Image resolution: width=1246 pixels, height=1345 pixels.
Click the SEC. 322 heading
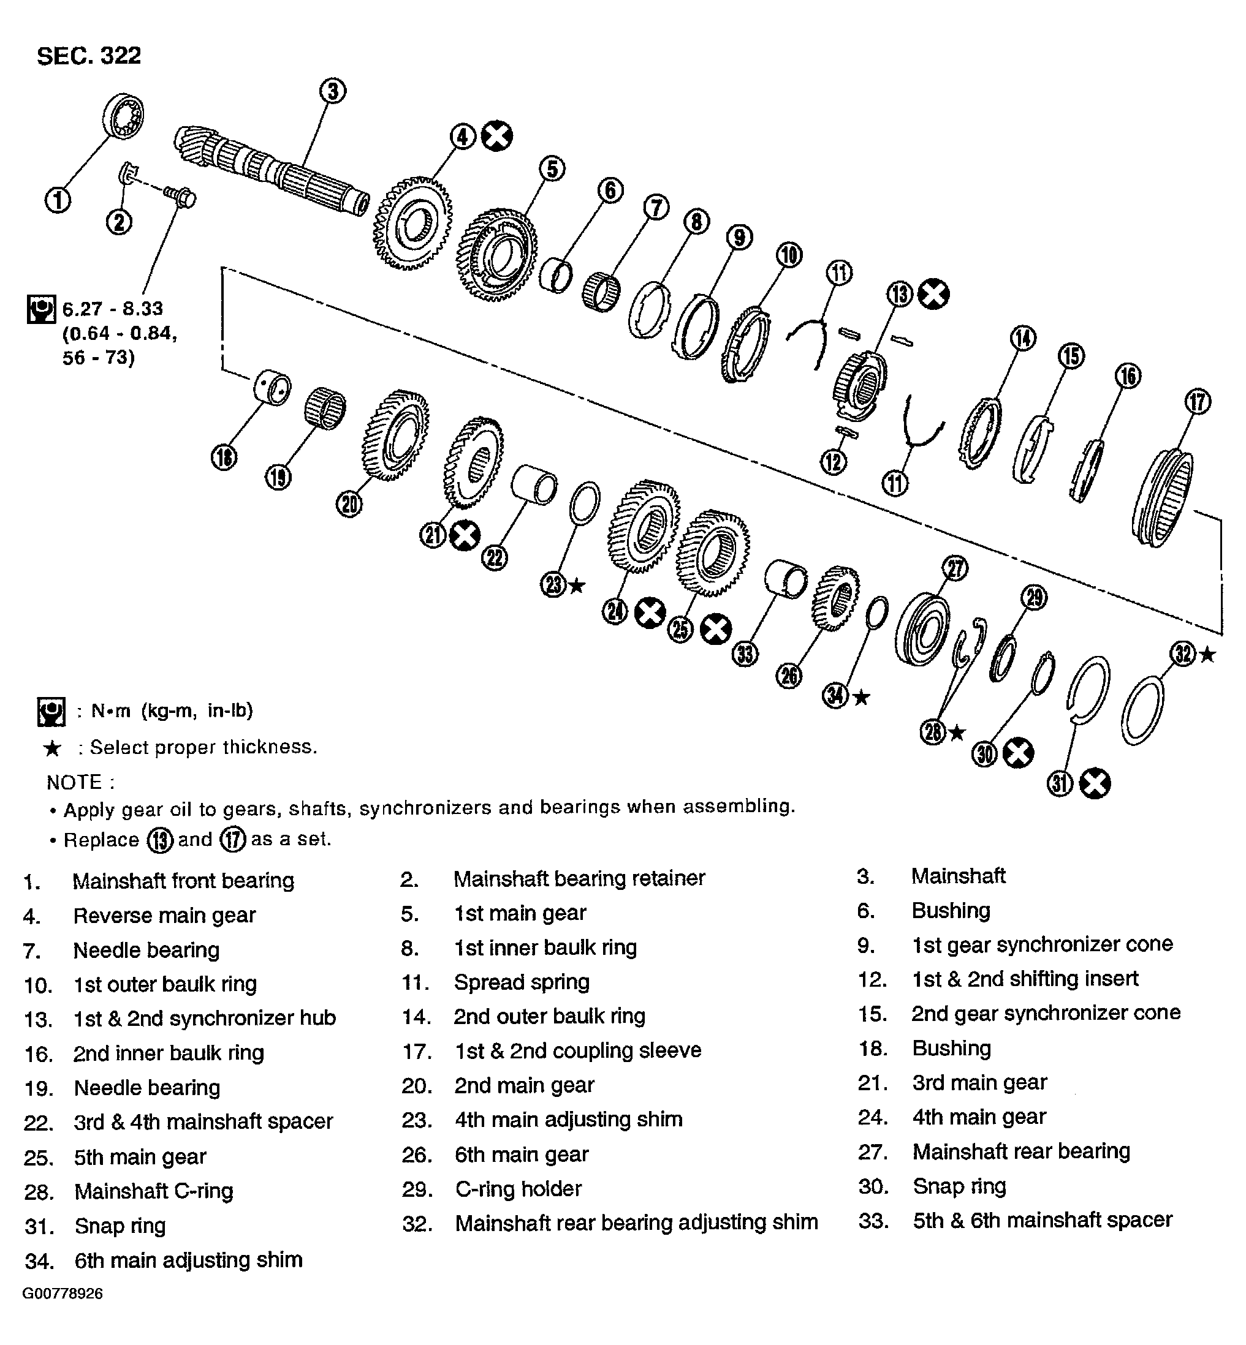coord(89,56)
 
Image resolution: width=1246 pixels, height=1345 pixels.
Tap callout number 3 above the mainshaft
coord(332,91)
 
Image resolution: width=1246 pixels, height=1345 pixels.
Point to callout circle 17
coord(1198,402)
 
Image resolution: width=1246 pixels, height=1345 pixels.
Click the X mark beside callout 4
coord(497,137)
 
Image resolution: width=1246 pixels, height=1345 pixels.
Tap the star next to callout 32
coord(1208,654)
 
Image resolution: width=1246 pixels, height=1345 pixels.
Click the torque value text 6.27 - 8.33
coord(113,309)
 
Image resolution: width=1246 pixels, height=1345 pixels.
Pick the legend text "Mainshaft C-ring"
coord(154,1191)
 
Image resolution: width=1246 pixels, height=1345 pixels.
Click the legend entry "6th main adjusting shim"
coord(188,1260)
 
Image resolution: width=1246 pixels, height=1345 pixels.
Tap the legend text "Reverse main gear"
coord(164,916)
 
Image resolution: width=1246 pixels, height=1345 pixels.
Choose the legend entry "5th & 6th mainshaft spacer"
coord(1043,1220)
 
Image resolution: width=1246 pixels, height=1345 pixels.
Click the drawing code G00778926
coord(62,1294)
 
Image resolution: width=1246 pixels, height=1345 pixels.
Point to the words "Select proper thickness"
coord(202,747)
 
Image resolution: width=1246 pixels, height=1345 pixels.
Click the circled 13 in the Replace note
coord(160,840)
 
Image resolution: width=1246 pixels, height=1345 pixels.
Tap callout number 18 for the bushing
coord(224,458)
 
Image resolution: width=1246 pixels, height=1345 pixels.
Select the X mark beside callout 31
coord(1095,785)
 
